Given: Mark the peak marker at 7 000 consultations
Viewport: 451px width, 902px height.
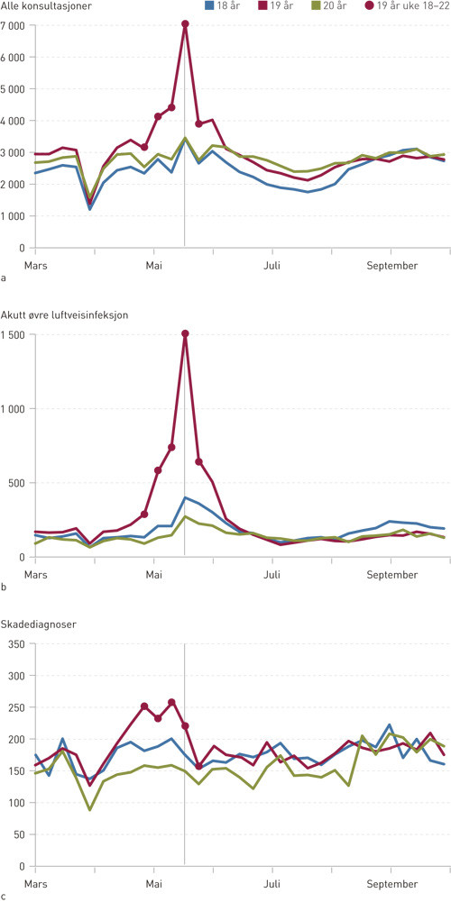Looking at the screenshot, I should click(185, 24).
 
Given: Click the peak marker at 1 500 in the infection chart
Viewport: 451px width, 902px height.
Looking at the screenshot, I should click(185, 334).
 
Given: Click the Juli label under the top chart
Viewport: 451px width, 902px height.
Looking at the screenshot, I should click(272, 266).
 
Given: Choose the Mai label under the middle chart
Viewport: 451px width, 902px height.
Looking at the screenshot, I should click(155, 575).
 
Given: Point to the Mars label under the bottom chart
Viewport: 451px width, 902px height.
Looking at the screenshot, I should click(35, 885).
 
